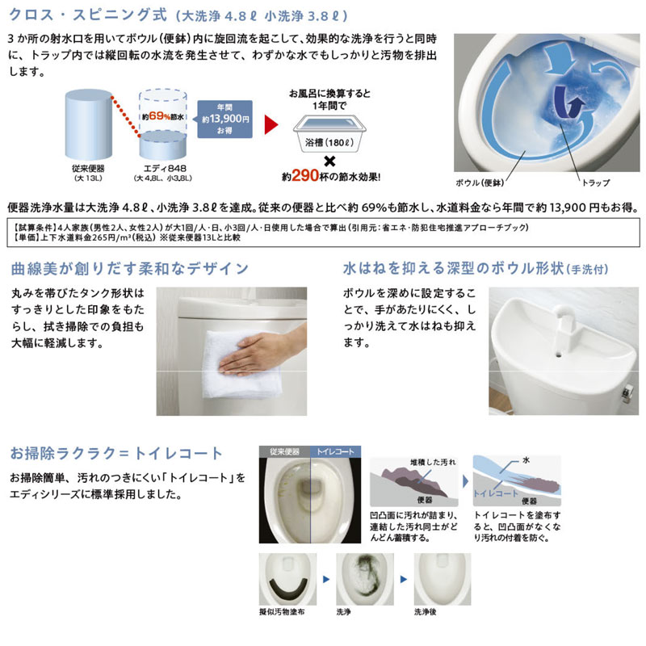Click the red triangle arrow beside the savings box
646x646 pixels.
[271, 124]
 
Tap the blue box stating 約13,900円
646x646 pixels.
[225, 119]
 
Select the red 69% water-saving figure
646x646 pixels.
[158, 116]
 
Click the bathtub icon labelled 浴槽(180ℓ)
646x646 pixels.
[329, 133]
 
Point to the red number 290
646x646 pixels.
[305, 176]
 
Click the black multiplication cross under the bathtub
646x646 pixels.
[329, 161]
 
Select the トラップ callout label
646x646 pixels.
[596, 182]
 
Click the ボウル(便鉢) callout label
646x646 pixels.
[480, 182]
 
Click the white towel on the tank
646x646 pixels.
[241, 365]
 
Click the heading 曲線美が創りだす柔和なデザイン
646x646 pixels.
[130, 269]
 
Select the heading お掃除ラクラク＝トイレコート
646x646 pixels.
[116, 453]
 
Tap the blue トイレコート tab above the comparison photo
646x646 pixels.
[335, 451]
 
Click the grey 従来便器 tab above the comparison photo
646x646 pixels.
[284, 451]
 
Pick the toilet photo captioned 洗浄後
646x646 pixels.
[442, 579]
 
